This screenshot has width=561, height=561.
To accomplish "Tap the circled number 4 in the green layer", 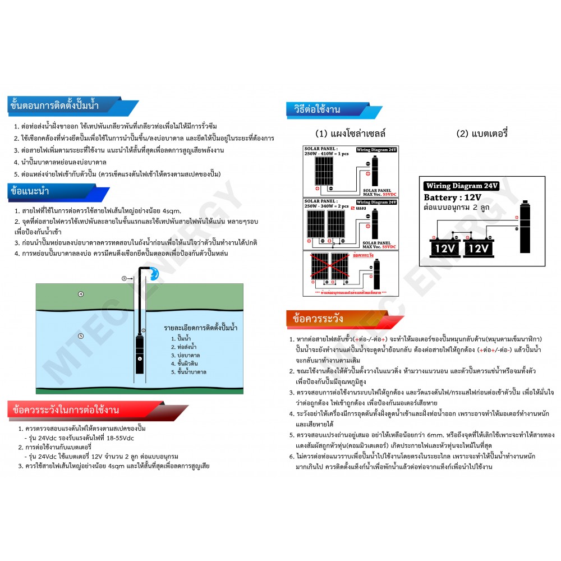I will click(81, 294).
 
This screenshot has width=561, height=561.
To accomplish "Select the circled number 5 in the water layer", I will click(81, 336).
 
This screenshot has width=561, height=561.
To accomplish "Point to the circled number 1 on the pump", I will click(140, 357).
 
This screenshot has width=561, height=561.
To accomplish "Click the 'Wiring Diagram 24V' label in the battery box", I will click(462, 186).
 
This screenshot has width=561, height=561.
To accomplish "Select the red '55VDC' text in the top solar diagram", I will click(387, 193).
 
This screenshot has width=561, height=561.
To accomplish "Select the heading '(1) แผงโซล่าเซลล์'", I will click(351, 134).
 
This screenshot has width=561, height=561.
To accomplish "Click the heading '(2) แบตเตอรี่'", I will click(482, 134).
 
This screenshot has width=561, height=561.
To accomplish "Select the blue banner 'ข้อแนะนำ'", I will click(34, 191).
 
